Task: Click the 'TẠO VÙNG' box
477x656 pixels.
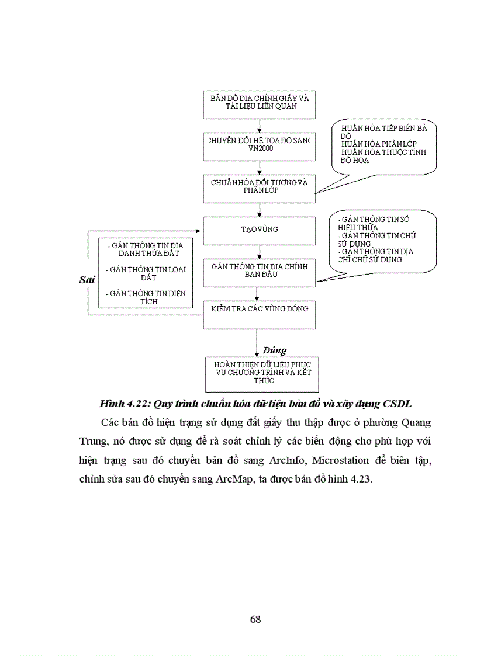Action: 259,230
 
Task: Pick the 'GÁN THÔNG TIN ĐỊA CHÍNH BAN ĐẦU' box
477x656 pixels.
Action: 259,273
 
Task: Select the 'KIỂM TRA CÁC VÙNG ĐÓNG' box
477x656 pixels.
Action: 259,314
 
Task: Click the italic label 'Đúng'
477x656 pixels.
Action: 274,350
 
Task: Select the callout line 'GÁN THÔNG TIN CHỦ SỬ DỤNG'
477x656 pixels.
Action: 374,240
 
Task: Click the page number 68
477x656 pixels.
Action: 255,620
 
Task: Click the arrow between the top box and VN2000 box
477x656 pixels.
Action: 259,126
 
